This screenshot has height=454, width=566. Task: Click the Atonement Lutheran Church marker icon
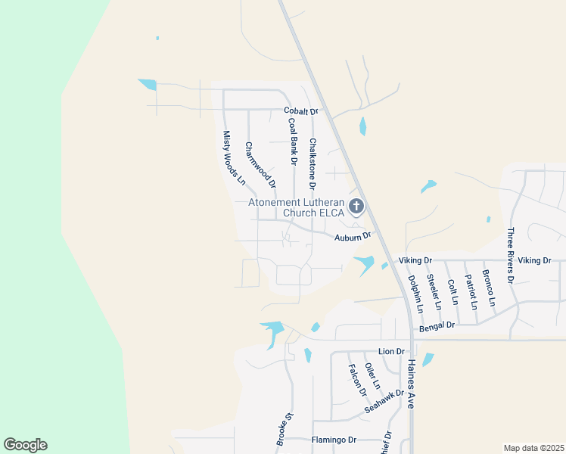coord(356,206)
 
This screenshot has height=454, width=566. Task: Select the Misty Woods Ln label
coord(234,157)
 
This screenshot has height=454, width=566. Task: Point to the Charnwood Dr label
coord(260,164)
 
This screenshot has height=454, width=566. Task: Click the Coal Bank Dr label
coord(291,141)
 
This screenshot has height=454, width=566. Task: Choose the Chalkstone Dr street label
coord(311,163)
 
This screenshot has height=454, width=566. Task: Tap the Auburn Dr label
coord(354,236)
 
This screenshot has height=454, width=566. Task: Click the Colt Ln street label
coord(453,291)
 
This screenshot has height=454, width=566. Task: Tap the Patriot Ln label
coord(472,292)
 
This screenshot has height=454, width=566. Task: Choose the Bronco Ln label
coord(490,288)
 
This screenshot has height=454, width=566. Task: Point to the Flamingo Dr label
coord(334,440)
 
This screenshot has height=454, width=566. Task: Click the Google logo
coord(25,445)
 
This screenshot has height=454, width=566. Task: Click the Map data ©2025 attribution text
coord(533,448)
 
